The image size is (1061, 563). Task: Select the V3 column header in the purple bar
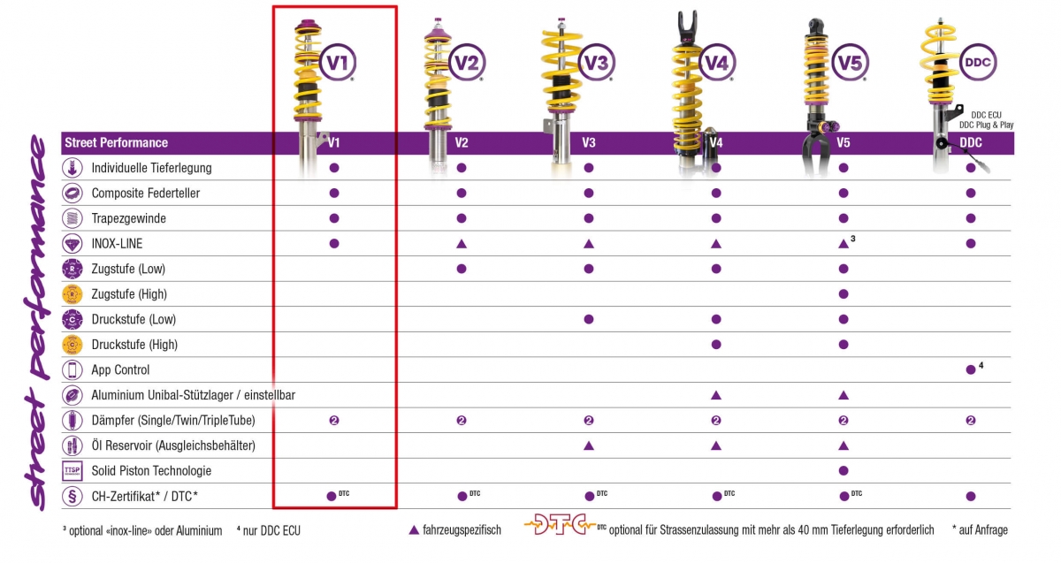coord(589,142)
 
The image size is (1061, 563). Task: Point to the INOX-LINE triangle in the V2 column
coord(462,243)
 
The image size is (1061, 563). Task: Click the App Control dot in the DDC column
coord(971,369)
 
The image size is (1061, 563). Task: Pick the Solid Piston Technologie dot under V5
coord(843,470)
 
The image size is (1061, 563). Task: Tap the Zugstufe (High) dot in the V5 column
coord(843,293)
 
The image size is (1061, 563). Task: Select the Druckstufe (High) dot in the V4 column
coord(716,344)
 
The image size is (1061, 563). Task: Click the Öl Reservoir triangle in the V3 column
coord(589,445)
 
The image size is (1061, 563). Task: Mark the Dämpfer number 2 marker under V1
coord(334,420)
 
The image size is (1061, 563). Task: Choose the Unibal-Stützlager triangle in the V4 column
coord(716,395)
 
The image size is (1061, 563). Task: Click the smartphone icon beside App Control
coord(72,369)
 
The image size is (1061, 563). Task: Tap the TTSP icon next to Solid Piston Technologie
coord(72,471)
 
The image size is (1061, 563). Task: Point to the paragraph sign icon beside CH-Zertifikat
coord(72,497)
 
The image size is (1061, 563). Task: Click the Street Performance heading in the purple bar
coord(116,142)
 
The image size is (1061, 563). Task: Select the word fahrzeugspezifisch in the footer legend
coord(462,530)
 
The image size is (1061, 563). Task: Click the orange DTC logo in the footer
coord(556,527)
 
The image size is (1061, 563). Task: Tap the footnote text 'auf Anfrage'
coord(984,530)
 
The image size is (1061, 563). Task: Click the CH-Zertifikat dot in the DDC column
coord(971,496)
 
